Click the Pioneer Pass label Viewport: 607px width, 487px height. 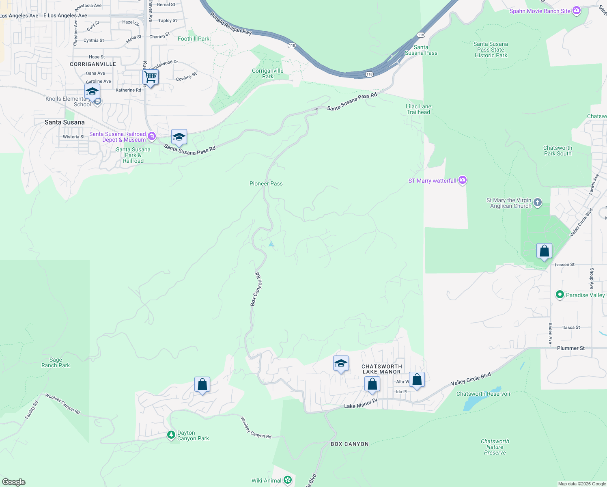266,183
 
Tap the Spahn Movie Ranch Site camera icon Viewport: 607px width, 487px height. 576,11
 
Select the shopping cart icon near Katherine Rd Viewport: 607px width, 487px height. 151,77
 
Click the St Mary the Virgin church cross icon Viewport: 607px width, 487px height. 538,203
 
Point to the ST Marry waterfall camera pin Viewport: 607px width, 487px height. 463,181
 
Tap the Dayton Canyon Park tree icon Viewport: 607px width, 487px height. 171,435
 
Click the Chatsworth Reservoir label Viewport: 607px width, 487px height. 483,394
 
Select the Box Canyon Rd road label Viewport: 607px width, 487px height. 256,289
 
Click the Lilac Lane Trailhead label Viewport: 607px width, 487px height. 418,109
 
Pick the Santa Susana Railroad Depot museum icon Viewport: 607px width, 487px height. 151,136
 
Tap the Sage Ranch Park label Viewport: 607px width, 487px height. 56,362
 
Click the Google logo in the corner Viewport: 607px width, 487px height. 13,482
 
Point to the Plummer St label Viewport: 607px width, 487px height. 570,348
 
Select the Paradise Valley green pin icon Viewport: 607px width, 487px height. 560,295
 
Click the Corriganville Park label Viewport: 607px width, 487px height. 267,73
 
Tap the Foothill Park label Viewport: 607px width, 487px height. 194,39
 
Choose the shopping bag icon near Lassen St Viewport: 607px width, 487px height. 544,251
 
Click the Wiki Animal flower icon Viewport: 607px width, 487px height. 288,481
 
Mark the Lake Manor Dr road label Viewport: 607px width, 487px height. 361,403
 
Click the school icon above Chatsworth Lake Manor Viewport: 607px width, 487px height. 341,364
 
